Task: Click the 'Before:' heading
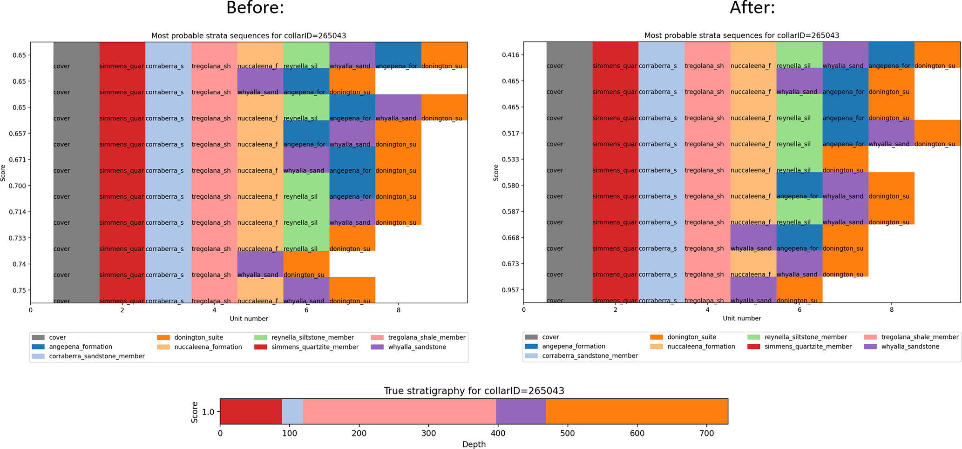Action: pos(255,8)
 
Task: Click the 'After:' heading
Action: pos(752,8)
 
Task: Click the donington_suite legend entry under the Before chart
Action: pos(198,337)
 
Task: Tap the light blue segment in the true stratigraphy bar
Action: pos(292,411)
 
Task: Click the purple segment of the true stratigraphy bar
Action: pos(521,411)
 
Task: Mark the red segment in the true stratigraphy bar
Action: pos(251,411)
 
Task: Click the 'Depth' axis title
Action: pos(474,444)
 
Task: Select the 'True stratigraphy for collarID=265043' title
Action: pos(474,391)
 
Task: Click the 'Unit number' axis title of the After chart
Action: pos(742,318)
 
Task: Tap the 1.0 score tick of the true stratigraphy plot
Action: pos(208,412)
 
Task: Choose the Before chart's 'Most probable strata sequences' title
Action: pos(249,36)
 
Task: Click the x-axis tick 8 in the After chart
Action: pos(891,309)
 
